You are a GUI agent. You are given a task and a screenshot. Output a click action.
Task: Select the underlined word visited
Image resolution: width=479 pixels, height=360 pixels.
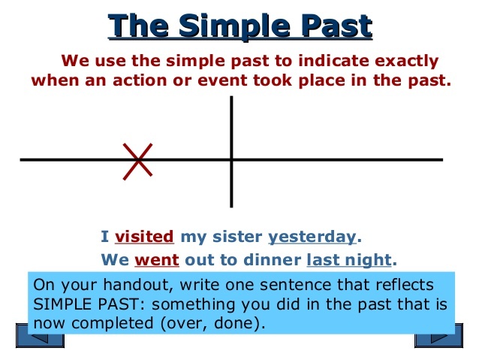point(144,237)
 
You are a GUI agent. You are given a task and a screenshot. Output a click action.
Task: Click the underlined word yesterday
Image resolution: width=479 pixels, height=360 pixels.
point(312,237)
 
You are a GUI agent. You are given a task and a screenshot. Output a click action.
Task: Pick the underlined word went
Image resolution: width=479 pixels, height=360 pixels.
point(156,260)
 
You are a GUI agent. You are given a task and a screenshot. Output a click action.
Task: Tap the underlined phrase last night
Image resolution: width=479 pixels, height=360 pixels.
point(349,260)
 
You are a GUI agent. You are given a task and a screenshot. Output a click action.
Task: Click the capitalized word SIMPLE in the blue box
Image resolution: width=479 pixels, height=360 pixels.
point(58,306)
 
